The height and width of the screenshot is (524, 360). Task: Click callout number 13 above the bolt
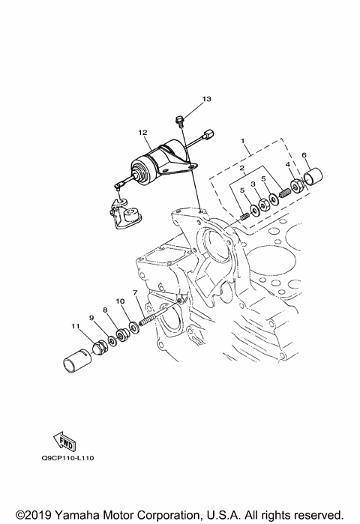click(207, 99)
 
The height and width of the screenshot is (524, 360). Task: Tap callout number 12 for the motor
click(142, 133)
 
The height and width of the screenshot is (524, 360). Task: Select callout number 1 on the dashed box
click(243, 142)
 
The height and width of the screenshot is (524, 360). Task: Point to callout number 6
click(304, 154)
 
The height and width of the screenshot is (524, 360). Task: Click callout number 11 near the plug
click(76, 326)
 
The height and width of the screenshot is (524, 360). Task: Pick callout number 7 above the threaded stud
click(135, 293)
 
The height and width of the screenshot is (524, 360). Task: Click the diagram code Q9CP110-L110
click(67, 458)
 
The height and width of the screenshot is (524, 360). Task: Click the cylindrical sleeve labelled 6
click(313, 178)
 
